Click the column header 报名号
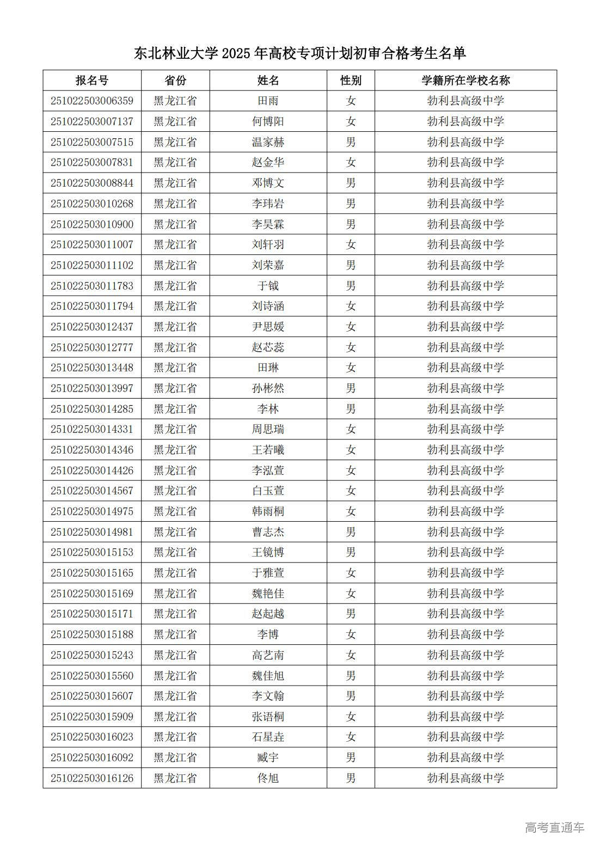pos(92,81)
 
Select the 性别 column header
pos(351,81)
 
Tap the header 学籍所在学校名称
pos(466,81)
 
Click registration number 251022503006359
pos(92,101)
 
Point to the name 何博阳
pos(268,121)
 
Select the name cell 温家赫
pos(268,142)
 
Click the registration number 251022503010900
pos(92,224)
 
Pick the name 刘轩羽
pos(268,245)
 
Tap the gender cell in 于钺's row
pos(351,286)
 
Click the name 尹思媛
pos(268,327)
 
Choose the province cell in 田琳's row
pos(175,368)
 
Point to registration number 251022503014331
pos(92,429)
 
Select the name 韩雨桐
pos(268,511)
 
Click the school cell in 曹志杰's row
pos(466,532)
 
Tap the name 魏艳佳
pos(268,594)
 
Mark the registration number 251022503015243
pos(92,655)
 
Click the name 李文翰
pos(268,696)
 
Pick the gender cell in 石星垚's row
pos(351,737)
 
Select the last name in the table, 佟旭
pos(268,778)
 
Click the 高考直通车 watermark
pos(554,827)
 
